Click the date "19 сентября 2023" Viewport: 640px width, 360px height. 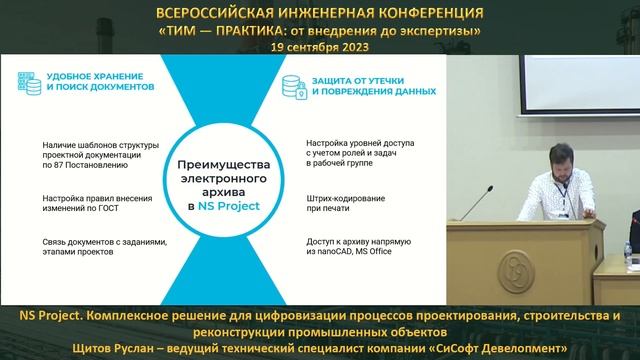coord(319,46)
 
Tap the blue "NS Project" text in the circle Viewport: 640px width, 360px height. coord(226,206)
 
